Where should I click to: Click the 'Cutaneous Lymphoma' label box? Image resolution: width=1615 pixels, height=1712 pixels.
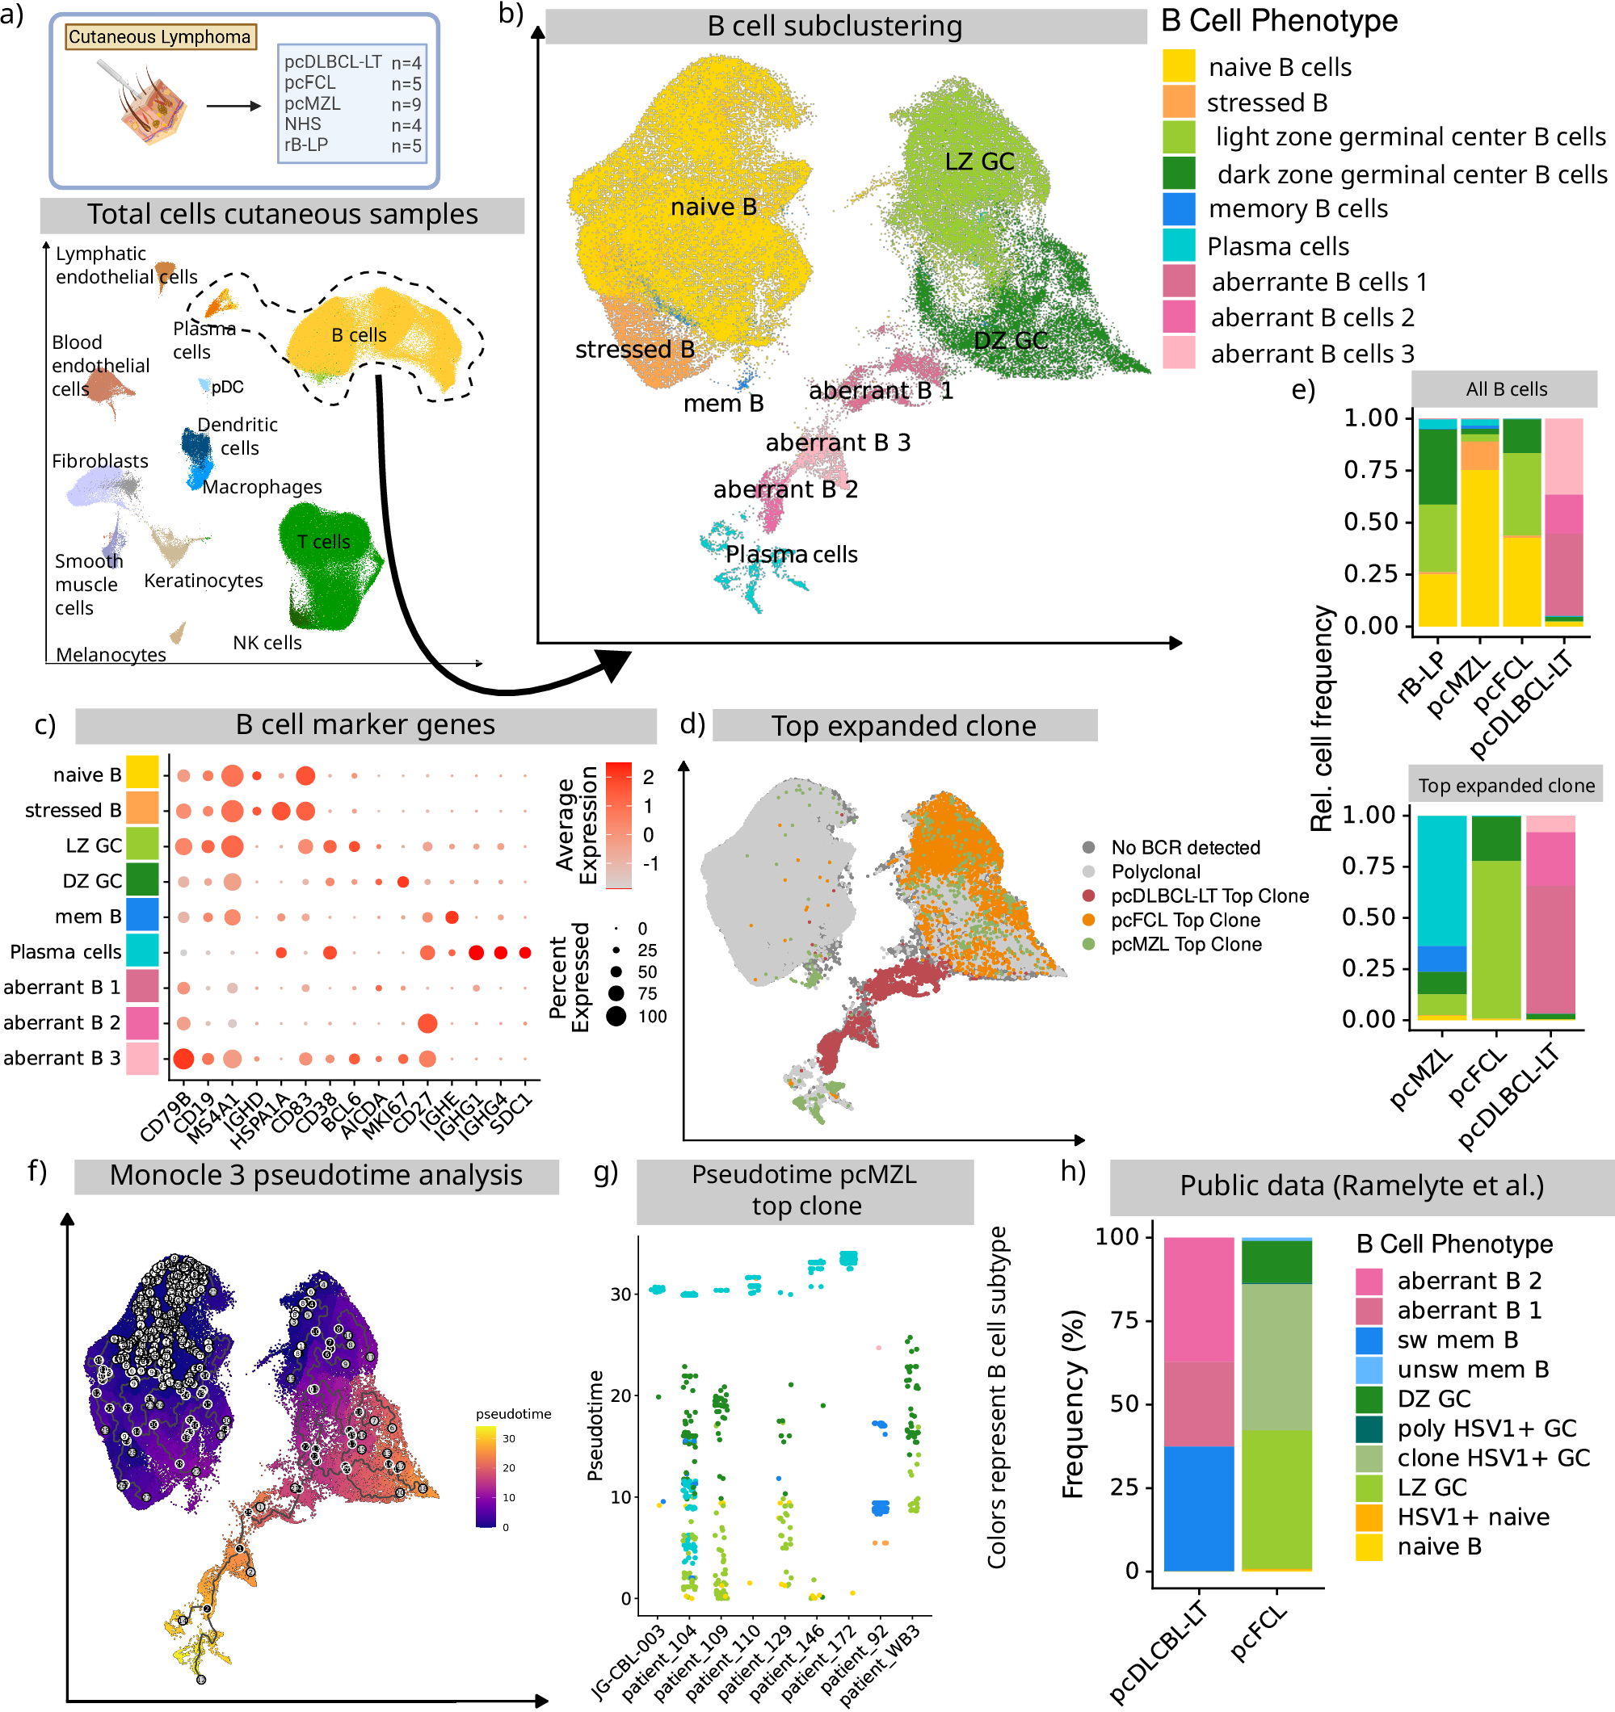point(160,36)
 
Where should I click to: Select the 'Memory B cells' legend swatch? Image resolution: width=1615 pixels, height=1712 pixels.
point(1178,209)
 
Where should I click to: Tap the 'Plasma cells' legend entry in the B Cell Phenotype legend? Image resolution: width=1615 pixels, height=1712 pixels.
point(1277,246)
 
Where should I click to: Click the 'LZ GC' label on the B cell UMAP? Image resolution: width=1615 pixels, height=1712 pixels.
point(978,162)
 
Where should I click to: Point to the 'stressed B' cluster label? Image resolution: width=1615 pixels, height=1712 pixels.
point(634,350)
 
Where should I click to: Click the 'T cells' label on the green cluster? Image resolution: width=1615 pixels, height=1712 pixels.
point(323,542)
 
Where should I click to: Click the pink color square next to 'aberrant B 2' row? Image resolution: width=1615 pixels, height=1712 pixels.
point(142,1023)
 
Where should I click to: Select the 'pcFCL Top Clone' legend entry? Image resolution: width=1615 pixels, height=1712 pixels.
point(1185,920)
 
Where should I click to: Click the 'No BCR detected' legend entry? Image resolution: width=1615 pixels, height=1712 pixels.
point(1185,847)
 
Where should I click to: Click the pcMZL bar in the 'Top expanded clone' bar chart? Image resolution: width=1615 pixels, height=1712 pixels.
point(1441,917)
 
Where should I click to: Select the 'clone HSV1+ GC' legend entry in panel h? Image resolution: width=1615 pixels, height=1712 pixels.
point(1493,1458)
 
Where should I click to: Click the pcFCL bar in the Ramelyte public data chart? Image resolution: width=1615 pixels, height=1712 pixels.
point(1276,1404)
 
